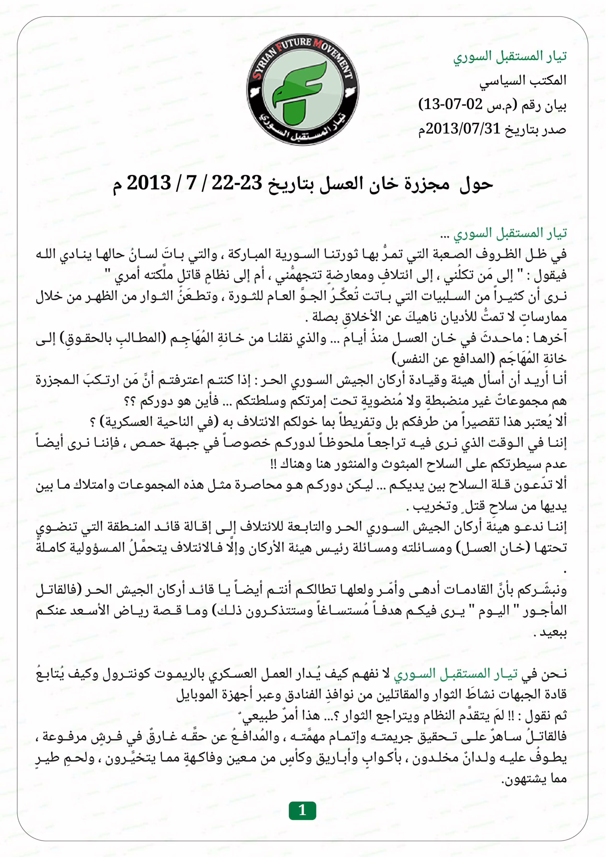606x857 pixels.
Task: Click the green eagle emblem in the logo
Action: point(299,91)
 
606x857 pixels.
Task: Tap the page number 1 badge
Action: point(302,810)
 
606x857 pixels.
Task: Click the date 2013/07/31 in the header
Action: point(463,129)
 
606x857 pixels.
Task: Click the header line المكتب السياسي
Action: point(523,81)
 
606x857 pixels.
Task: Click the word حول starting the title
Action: point(476,184)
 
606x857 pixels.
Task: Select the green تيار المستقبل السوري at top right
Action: point(510,56)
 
